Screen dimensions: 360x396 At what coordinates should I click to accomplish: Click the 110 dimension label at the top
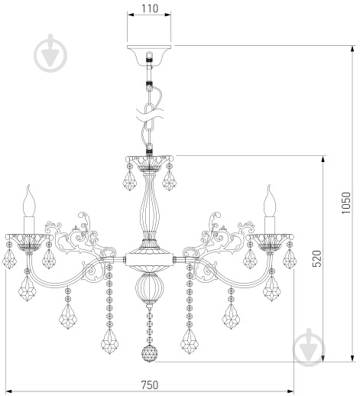tap(150, 8)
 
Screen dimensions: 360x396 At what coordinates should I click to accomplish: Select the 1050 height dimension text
tap(346, 203)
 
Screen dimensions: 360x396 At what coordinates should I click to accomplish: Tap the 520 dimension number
tap(317, 258)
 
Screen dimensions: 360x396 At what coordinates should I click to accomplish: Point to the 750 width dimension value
tap(150, 385)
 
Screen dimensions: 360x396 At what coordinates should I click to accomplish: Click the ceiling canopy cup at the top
tap(149, 54)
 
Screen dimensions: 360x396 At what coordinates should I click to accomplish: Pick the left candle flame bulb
tap(28, 201)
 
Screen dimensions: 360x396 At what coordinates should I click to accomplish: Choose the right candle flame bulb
tap(270, 201)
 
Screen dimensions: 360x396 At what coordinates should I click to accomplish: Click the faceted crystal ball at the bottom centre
tap(150, 353)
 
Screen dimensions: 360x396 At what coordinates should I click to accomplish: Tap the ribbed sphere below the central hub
tap(150, 286)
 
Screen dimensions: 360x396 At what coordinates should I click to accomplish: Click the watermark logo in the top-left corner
tap(50, 53)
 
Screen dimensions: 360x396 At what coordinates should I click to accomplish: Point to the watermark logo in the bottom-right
tap(309, 347)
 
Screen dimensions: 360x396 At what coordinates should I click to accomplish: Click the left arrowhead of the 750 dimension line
tap(9, 391)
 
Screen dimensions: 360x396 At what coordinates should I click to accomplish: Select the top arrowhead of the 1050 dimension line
tap(353, 49)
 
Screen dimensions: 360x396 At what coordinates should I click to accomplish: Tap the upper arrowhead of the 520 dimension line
tap(323, 159)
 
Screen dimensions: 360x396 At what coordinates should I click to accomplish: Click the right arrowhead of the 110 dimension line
tap(167, 15)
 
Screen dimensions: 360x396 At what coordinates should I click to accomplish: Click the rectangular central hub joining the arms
tap(150, 259)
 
